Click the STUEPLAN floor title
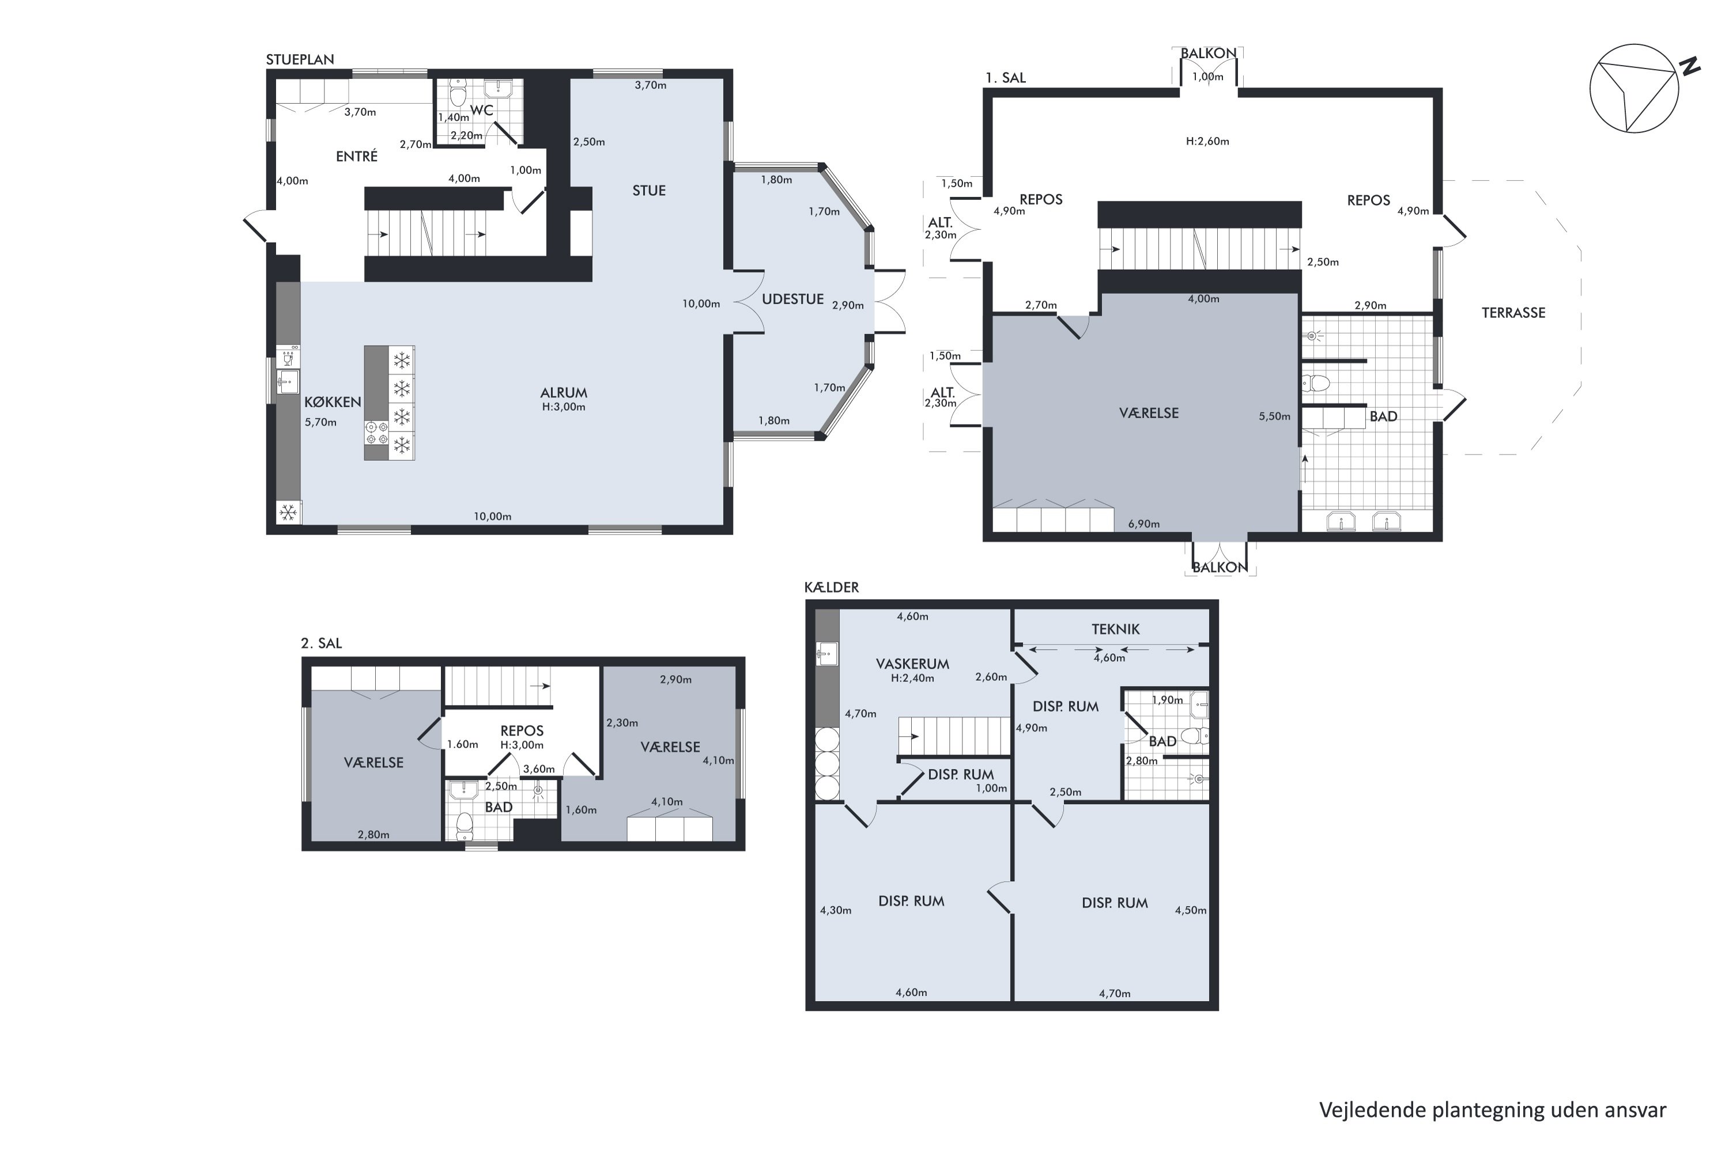300,59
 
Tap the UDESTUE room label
792,299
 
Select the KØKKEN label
333,402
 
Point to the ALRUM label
564,392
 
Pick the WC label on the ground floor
481,110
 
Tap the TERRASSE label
1513,313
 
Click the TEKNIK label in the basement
1115,629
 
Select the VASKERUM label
912,664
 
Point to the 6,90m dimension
1144,524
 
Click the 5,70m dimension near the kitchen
320,422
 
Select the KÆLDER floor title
832,587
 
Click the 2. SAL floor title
321,643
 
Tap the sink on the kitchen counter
288,381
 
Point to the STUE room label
649,190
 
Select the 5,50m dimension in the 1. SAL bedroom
1275,416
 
